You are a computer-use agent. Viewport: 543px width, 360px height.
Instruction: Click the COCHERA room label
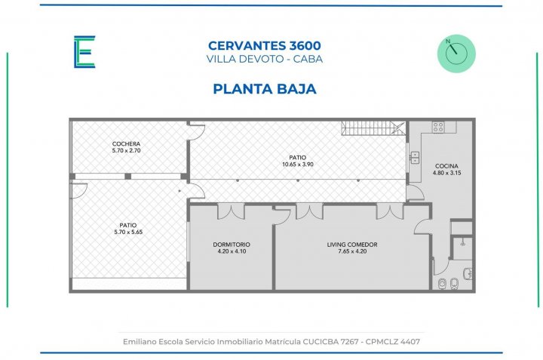[127, 144]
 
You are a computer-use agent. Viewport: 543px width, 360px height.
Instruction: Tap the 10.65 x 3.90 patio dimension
[298, 165]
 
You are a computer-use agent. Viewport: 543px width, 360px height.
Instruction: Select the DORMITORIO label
[232, 245]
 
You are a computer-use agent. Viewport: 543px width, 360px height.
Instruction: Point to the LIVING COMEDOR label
[352, 245]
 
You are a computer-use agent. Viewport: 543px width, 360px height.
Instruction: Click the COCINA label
[446, 166]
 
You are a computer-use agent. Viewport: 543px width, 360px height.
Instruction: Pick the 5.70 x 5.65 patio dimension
[128, 232]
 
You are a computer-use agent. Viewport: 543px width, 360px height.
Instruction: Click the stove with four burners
[438, 127]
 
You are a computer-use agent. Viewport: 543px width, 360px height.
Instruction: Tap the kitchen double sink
[415, 158]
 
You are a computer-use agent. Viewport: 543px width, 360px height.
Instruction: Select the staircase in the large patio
[373, 128]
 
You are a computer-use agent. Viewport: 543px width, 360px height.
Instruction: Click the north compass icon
[456, 54]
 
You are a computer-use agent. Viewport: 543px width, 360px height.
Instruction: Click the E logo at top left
[84, 51]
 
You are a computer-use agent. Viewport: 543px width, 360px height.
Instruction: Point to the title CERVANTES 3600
[265, 45]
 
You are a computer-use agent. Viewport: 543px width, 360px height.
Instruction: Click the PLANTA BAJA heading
[265, 89]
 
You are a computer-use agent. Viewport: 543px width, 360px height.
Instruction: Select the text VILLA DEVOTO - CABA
[265, 59]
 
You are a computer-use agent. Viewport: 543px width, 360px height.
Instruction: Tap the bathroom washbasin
[468, 274]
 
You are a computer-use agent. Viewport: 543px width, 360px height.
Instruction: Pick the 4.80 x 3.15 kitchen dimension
[446, 173]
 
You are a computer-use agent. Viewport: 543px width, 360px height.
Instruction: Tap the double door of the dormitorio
[231, 212]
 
